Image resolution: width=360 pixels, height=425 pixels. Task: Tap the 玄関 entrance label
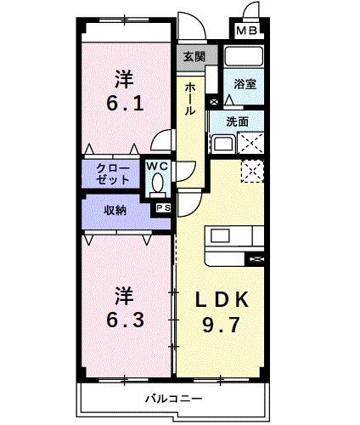[x=194, y=57]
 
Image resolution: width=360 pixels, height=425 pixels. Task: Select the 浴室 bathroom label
[x=245, y=85]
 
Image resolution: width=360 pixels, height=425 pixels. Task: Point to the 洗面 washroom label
[x=239, y=122]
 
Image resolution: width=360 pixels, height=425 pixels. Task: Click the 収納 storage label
[x=116, y=210]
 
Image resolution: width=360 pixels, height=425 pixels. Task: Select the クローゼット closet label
[x=113, y=173]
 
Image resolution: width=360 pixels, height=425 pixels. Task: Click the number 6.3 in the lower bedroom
[x=126, y=324]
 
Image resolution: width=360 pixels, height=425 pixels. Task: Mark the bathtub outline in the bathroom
[x=245, y=58]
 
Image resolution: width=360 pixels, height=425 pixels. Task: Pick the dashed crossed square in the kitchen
[x=252, y=172]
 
